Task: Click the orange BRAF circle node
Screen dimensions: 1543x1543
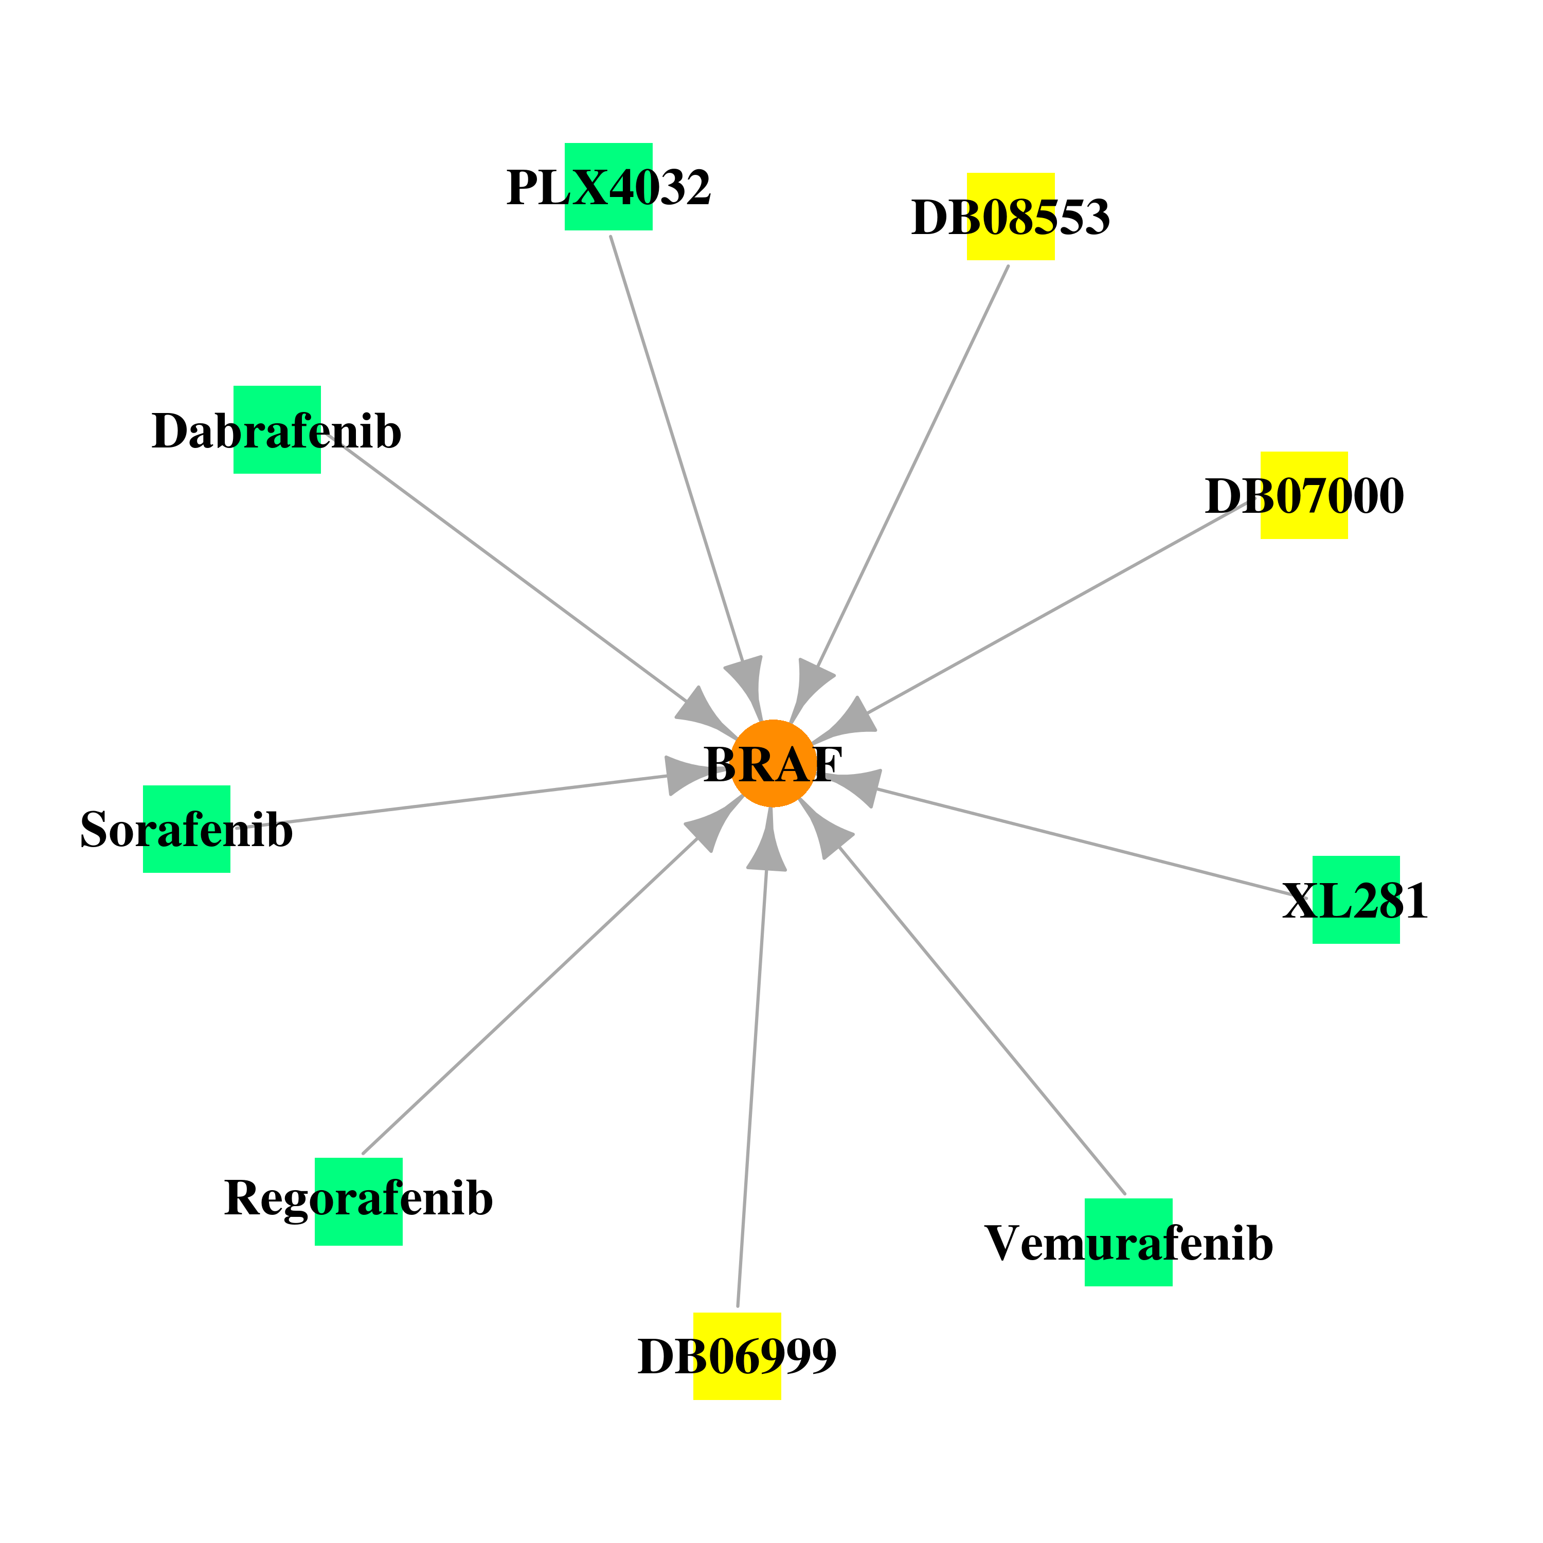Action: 773,763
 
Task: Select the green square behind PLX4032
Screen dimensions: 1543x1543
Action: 608,187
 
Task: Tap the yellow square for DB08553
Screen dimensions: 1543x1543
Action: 1011,217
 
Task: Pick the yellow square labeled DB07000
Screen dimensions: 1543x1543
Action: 1304,495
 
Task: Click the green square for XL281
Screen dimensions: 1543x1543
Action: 1356,900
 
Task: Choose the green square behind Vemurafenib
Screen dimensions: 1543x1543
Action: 1128,1242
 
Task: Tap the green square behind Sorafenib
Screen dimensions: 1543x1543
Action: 187,829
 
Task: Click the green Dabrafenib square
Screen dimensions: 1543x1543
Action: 277,429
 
